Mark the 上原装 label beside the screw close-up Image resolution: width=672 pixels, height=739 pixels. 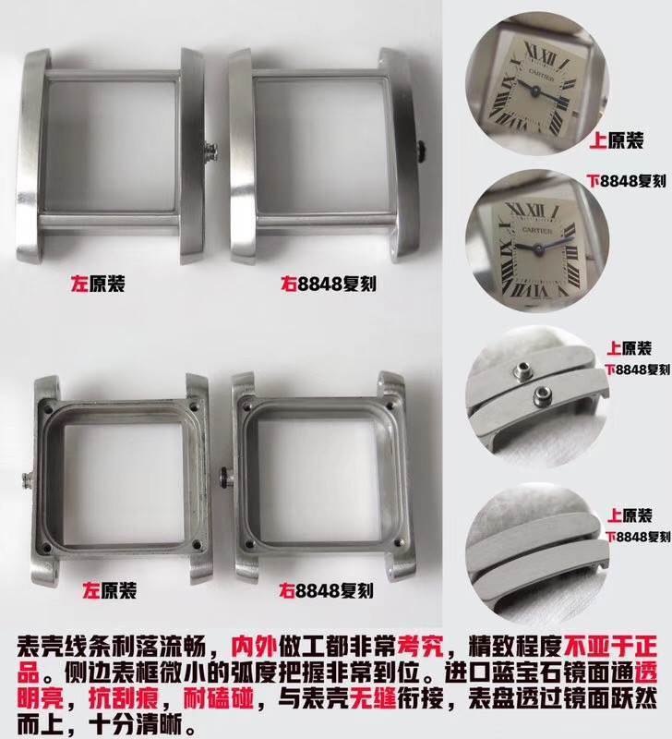tap(627, 348)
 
